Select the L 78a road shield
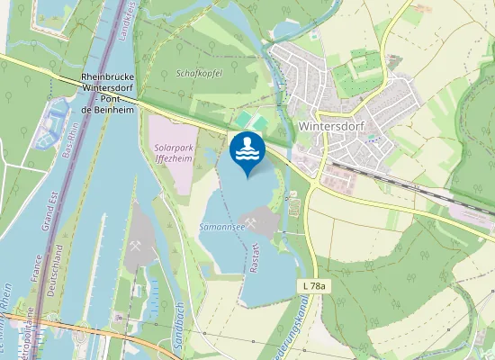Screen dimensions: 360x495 point(311,284)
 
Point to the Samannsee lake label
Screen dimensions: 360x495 point(222,229)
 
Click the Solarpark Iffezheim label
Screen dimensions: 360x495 point(175,150)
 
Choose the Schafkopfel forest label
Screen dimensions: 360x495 point(199,73)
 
